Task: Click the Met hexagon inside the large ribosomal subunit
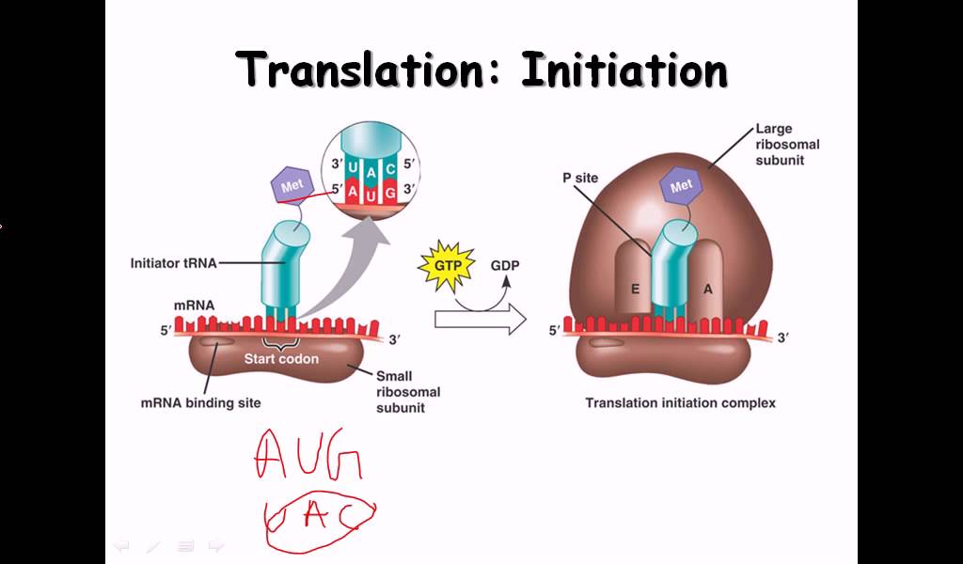(682, 186)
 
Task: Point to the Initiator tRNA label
(173, 263)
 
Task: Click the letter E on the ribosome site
(635, 290)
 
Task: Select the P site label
(579, 178)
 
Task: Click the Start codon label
(281, 358)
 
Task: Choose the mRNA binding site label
(200, 403)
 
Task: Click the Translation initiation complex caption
(680, 403)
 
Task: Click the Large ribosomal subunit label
(787, 145)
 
